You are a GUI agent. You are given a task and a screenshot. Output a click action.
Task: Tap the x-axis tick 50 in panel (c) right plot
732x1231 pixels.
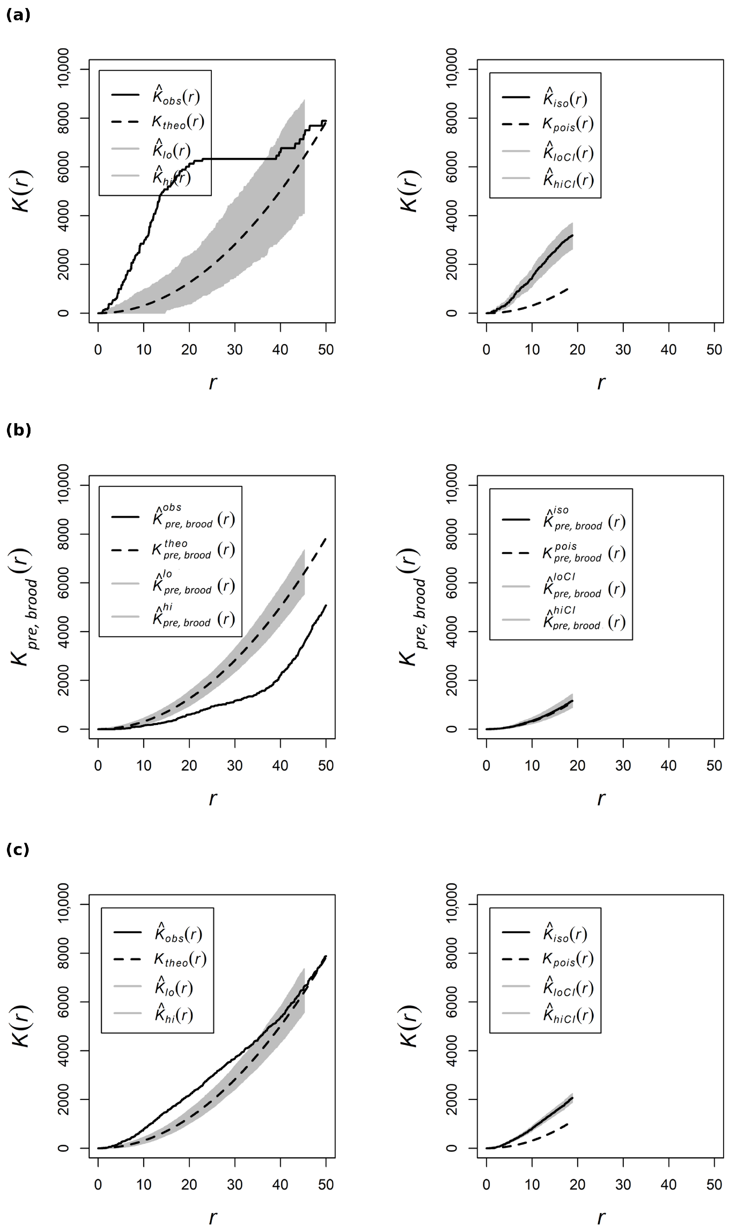714,1185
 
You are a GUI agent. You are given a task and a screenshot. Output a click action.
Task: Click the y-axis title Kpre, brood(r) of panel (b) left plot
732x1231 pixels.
22,607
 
